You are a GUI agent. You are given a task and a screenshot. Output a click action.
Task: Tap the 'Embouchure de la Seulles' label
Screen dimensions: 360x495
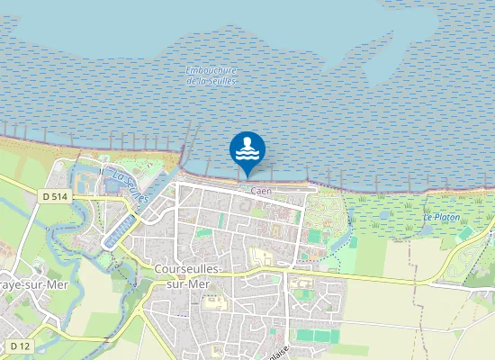tap(211, 76)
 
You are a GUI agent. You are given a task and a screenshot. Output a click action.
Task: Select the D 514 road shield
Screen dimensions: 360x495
tap(55, 196)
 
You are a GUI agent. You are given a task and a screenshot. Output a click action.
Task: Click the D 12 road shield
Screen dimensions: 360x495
tap(20, 346)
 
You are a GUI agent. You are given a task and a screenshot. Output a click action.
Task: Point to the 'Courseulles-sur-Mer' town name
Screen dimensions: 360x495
tap(193, 275)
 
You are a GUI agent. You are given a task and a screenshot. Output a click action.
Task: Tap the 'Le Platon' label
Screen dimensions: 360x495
tap(441, 217)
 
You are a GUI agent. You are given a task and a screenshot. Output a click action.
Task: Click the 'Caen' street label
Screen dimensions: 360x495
tap(261, 191)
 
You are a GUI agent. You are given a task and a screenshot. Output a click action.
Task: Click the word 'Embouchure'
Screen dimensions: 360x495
tap(211, 70)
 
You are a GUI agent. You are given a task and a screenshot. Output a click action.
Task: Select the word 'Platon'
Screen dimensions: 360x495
tap(445, 217)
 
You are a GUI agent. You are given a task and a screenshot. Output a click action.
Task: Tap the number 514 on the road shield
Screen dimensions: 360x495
tap(60, 196)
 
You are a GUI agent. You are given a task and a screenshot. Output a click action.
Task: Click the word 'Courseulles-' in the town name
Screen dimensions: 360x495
tap(193, 269)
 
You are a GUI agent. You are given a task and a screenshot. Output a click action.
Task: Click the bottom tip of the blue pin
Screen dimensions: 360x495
tap(247, 177)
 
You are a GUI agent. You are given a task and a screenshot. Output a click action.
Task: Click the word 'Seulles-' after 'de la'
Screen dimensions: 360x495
tap(221, 81)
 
